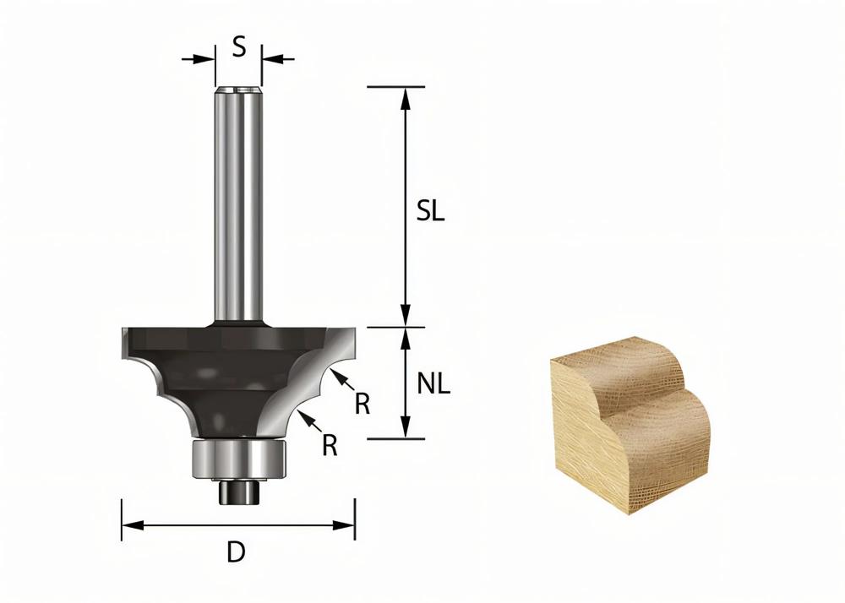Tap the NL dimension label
[433, 384]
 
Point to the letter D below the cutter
[237, 553]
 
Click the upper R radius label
[363, 404]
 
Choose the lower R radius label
[330, 444]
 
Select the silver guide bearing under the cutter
[240, 459]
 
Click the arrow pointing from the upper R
[341, 378]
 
